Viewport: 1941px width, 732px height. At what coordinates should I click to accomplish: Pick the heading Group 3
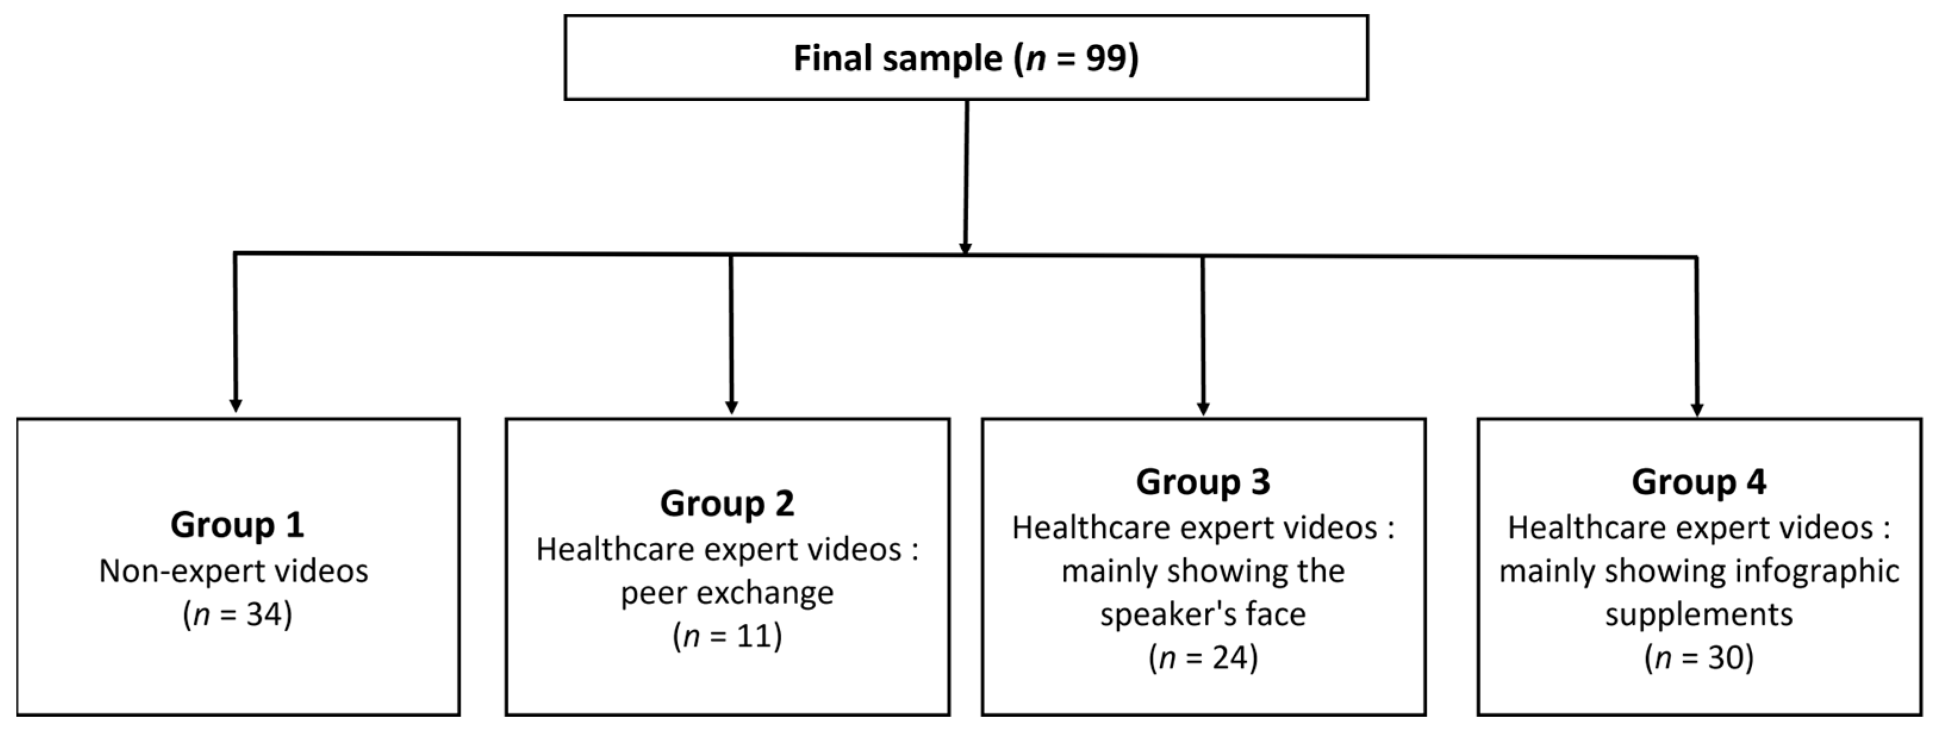point(1202,482)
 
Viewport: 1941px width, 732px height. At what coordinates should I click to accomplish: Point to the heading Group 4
point(1699,482)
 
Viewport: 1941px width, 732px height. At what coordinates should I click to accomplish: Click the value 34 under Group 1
point(264,615)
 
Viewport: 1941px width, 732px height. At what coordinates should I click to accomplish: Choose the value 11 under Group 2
point(754,636)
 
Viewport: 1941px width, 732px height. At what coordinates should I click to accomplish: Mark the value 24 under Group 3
point(1230,658)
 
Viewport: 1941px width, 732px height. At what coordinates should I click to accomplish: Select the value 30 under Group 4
point(1725,658)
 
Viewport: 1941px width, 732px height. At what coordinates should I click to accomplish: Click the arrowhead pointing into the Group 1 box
point(235,405)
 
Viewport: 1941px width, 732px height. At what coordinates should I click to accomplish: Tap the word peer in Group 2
point(653,594)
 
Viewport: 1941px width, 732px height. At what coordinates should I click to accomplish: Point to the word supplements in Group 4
point(1699,615)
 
